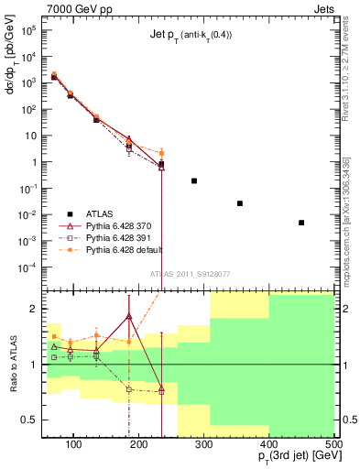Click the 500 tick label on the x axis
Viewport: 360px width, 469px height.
[x=333, y=444]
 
